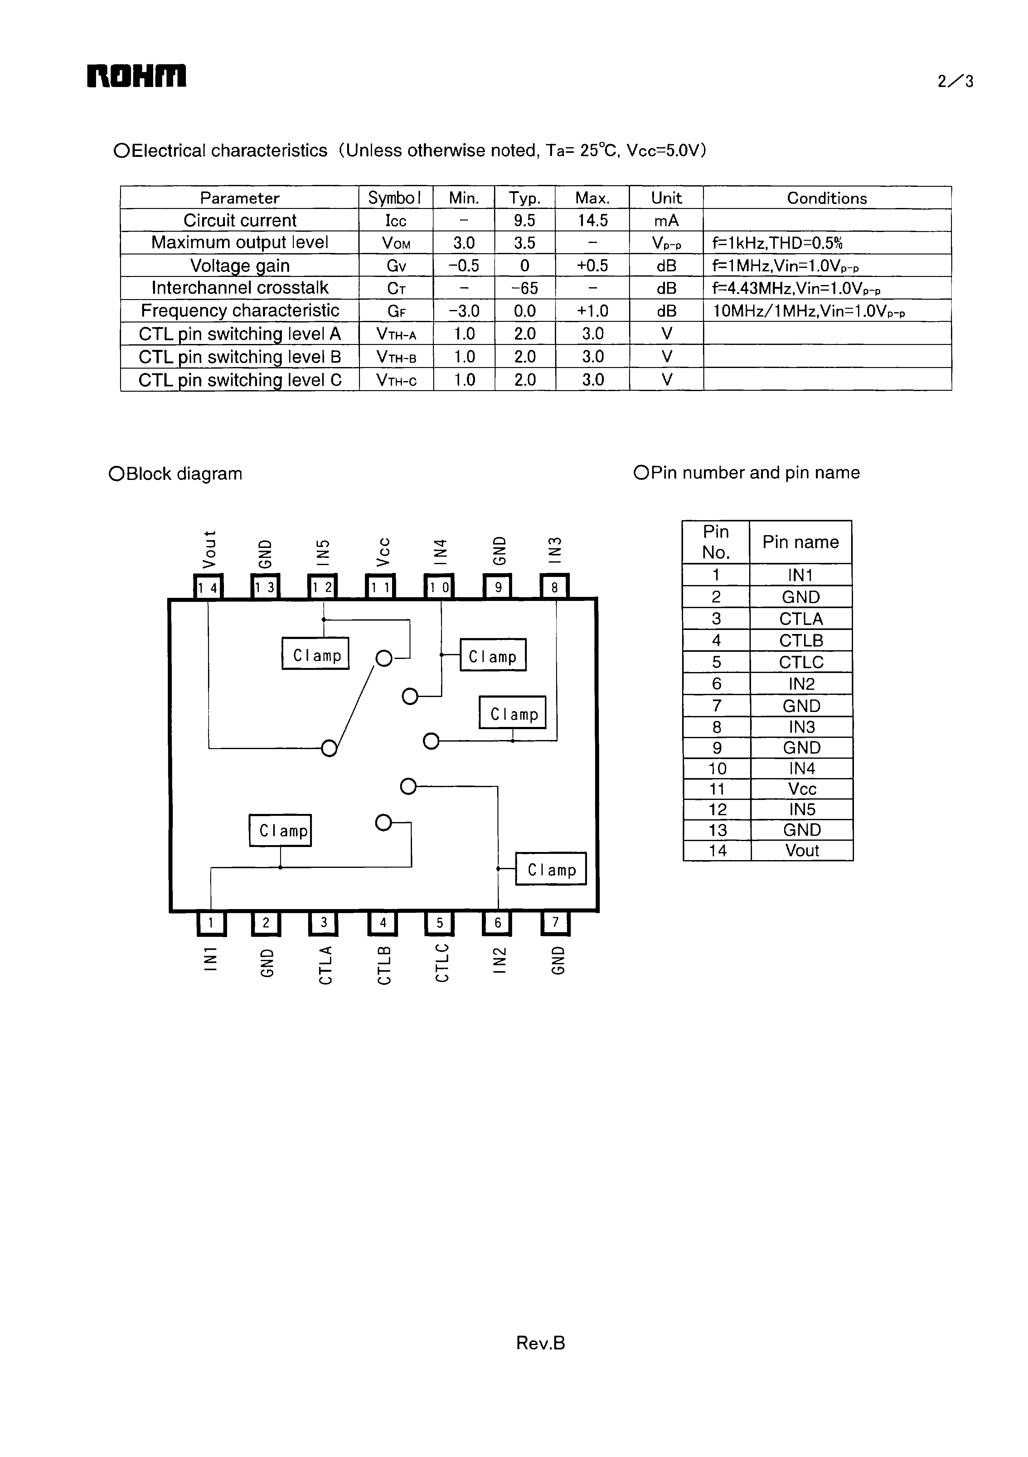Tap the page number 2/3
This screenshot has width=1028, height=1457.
click(955, 81)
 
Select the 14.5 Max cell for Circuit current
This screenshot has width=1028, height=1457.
click(592, 220)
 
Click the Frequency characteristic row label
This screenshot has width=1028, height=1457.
click(240, 310)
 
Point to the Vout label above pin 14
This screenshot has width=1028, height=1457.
click(209, 549)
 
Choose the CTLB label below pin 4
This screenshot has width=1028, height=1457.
click(383, 965)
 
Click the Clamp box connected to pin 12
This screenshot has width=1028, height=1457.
click(315, 654)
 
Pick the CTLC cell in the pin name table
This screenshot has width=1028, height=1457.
click(801, 662)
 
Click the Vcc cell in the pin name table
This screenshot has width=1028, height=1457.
click(802, 789)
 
